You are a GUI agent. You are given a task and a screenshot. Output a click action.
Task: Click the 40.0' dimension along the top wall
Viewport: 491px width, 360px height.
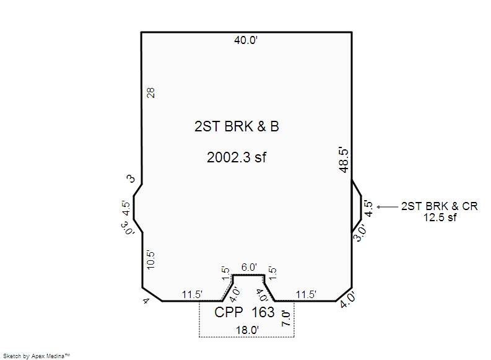coord(246,40)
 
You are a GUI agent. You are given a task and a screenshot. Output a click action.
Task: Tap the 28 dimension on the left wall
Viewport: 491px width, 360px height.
coord(150,93)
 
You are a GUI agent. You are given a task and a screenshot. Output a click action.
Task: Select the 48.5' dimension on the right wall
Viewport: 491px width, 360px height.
coord(344,160)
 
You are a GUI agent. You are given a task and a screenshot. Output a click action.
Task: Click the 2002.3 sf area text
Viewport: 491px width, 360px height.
coord(237,157)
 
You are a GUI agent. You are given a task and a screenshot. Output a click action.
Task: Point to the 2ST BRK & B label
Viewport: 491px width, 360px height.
coord(237,126)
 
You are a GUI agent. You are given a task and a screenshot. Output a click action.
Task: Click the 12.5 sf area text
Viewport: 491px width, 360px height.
coord(440,217)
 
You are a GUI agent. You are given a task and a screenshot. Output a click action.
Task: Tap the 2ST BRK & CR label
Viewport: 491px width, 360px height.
coord(440,206)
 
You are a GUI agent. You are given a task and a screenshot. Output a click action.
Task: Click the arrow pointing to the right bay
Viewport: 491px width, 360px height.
coord(388,207)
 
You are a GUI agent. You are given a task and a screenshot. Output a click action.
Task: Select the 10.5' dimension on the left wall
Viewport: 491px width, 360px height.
coord(150,260)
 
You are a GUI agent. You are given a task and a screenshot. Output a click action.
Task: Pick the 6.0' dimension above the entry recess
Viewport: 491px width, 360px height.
coord(249,267)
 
